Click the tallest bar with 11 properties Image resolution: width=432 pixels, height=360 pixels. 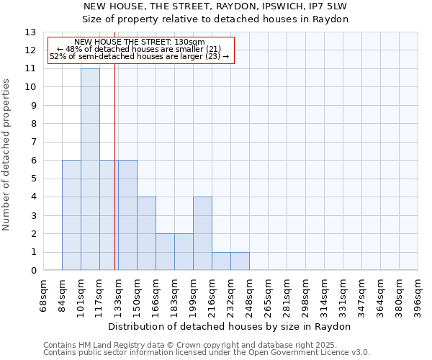coord(90,169)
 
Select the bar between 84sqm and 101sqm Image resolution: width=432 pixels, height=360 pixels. coord(71,215)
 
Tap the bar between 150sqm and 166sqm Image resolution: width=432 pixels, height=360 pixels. coord(146,233)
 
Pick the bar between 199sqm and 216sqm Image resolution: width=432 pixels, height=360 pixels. coord(202,233)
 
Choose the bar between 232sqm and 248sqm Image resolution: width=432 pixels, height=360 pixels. coord(240,261)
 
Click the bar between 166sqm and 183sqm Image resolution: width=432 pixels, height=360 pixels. coord(165,252)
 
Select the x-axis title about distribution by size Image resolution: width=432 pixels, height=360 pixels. coord(230,326)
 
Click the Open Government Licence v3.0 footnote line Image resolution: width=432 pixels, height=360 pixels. coord(207,353)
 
